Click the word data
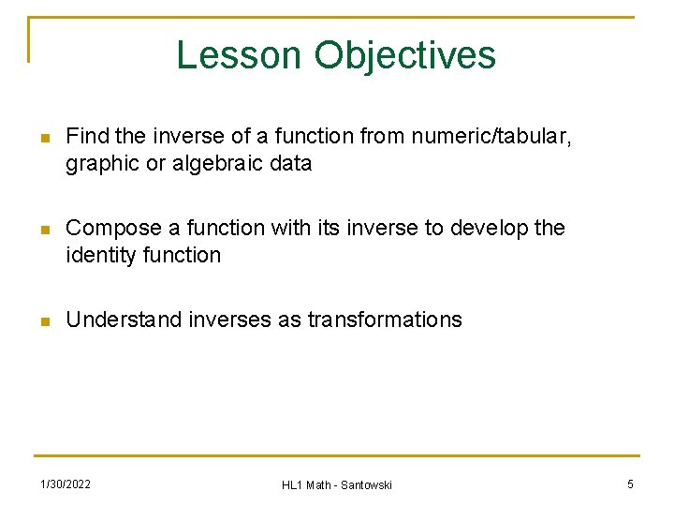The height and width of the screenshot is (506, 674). (x=289, y=164)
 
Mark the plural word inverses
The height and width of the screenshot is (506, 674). (x=230, y=320)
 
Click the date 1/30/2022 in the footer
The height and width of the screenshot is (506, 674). (x=65, y=484)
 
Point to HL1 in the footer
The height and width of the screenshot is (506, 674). (x=292, y=484)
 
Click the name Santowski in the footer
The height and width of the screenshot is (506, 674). (x=366, y=484)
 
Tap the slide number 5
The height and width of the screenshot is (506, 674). (x=630, y=484)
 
